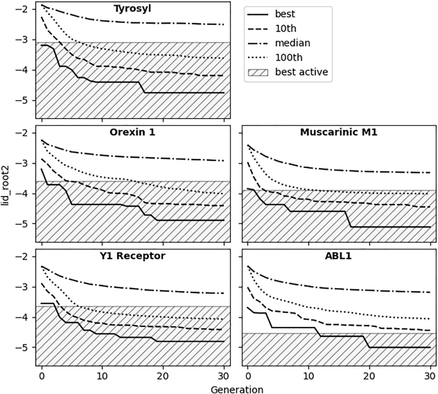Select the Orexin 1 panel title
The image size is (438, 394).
[132, 133]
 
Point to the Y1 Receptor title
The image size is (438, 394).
[132, 256]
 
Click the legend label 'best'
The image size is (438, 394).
[285, 13]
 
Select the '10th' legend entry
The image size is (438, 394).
[285, 28]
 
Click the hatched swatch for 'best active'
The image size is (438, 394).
[258, 72]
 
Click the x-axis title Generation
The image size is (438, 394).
[236, 388]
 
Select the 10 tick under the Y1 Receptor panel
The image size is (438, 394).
[102, 375]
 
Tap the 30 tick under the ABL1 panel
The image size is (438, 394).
[429, 375]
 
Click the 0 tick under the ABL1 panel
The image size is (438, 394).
[247, 375]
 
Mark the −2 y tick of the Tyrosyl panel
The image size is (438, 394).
[22, 10]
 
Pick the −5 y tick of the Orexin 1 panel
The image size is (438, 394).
[22, 224]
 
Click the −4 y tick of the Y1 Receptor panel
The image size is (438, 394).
[22, 317]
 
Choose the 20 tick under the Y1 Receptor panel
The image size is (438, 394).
[162, 375]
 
